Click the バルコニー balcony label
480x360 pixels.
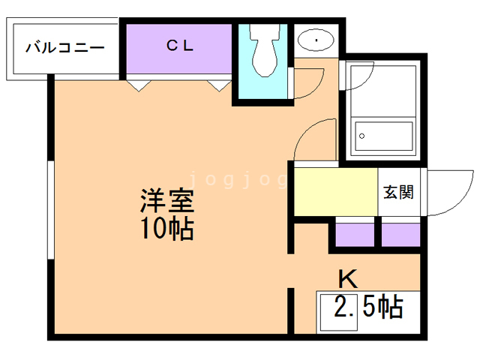pos(65,48)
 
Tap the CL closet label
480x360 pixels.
pos(180,46)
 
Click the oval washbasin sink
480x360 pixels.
pos(316,40)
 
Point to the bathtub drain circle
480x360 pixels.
pos(361,136)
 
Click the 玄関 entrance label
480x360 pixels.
pos(398,192)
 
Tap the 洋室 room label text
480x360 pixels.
pos(167,201)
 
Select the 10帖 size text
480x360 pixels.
pos(167,228)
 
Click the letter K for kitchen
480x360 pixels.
pos(348,278)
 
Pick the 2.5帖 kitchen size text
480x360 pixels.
pos(368,306)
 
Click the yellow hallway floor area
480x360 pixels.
pos(336,192)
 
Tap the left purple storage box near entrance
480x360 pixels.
pos(355,235)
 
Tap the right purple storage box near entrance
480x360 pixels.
pos(400,235)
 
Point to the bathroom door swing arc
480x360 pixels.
pos(366,80)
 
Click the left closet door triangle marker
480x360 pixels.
pos(139,85)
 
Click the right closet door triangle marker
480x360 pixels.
pos(219,85)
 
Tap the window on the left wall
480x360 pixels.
pos(51,210)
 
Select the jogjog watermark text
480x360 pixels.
pos(238,178)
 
